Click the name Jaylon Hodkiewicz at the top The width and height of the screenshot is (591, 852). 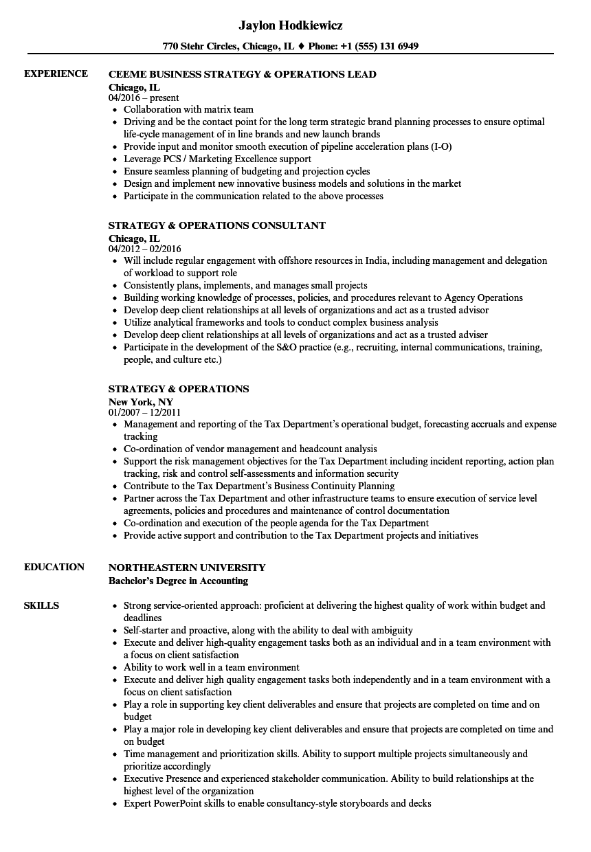click(291, 25)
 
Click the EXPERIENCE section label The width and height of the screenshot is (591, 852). click(56, 74)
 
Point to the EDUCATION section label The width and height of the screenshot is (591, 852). click(54, 567)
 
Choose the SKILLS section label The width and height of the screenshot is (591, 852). click(41, 605)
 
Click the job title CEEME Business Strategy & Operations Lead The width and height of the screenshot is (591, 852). click(243, 74)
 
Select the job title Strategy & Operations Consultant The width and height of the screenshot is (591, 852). click(217, 225)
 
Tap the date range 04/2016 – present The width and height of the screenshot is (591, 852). click(144, 98)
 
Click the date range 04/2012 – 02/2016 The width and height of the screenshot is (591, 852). click(145, 249)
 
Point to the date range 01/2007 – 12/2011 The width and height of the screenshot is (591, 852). click(144, 412)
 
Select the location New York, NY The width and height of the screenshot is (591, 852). click(141, 401)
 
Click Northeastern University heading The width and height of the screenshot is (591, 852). click(187, 568)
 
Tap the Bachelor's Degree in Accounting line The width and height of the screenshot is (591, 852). click(178, 581)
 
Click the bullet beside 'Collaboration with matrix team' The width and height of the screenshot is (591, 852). click(115, 110)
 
